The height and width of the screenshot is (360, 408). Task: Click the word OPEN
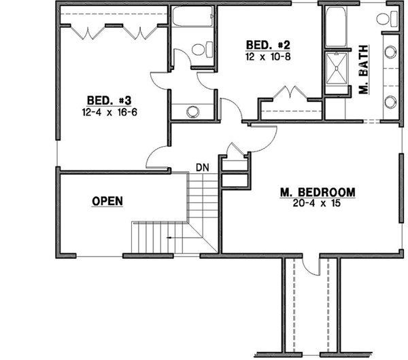107,201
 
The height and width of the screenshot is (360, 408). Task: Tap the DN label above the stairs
201,166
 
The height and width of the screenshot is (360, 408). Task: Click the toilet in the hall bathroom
199,49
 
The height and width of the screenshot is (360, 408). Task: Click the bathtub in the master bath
334,28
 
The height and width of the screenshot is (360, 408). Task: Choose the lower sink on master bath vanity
391,102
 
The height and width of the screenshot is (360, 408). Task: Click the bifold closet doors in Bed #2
287,94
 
